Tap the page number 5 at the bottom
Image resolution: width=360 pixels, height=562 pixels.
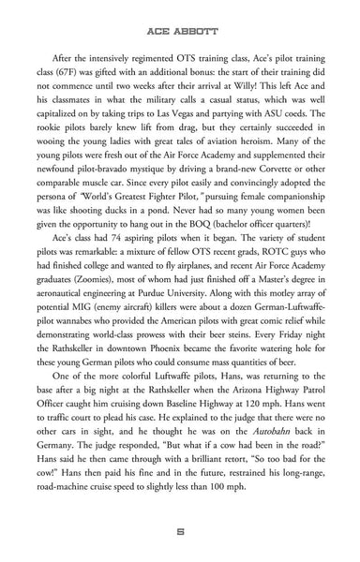click(179, 531)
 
